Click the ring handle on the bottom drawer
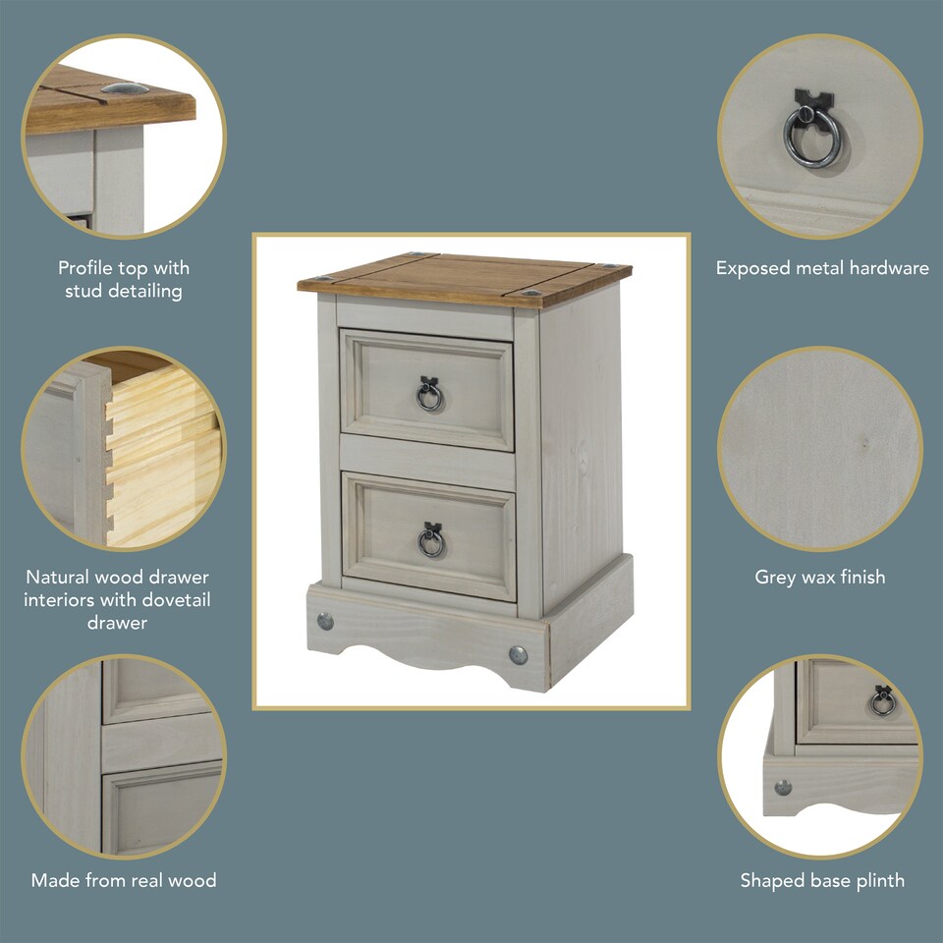point(431,540)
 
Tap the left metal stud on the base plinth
point(325,621)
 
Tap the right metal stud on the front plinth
point(518,654)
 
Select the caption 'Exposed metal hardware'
point(822,268)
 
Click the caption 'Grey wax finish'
point(820,578)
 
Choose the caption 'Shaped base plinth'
point(822,880)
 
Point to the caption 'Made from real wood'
point(124,880)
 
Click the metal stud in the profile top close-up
point(124,89)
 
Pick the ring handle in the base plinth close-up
point(882,700)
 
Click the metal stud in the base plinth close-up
point(783,787)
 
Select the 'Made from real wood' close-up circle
point(124,756)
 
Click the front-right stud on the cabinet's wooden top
point(530,293)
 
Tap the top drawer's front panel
point(427,389)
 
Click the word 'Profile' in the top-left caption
point(85,268)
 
